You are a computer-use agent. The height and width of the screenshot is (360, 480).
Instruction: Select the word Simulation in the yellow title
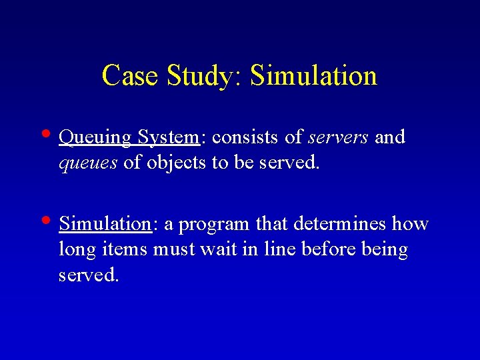(x=313, y=75)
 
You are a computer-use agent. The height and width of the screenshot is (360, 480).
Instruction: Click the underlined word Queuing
(x=95, y=138)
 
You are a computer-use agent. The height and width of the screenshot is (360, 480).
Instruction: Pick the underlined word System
(x=168, y=138)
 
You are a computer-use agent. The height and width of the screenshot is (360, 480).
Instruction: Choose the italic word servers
(x=338, y=137)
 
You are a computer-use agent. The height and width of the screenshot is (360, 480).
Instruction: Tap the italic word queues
(x=89, y=163)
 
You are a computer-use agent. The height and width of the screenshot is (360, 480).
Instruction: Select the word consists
(x=248, y=137)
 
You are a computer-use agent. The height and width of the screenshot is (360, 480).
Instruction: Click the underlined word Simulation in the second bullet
(x=105, y=224)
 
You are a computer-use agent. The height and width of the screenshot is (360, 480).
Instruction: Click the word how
(x=410, y=224)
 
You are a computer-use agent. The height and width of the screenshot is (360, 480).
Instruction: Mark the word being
(x=385, y=251)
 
